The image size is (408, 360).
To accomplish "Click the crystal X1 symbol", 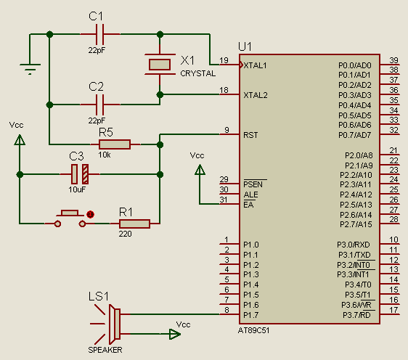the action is pos(160,65).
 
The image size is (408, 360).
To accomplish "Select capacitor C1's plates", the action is pos(100,34).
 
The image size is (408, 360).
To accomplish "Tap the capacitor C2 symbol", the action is pos(100,105).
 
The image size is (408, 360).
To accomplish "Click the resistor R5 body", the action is pos(115,144).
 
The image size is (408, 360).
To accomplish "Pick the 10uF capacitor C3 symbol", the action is pos(80,174).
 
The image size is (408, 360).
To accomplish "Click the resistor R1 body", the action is pos(134,224).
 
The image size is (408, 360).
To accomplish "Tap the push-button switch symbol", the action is pos(70,218).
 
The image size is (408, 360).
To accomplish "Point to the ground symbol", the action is pos(30,69).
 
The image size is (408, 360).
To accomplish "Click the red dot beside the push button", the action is pos(90,214).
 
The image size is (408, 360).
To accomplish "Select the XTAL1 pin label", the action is pos(256,65).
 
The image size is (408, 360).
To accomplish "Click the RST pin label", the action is pos(250,135).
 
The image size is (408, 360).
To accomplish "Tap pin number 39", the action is pos(394,60).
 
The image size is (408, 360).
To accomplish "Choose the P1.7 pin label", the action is pos(251,315).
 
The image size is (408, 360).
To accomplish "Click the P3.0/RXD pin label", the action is pos(354,245).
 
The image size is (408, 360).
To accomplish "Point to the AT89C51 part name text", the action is pos(253,330).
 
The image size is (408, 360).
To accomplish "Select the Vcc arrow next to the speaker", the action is pos(174,334).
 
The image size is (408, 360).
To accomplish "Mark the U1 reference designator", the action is pos(245,47).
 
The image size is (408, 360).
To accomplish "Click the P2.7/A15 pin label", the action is pos(356,224).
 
